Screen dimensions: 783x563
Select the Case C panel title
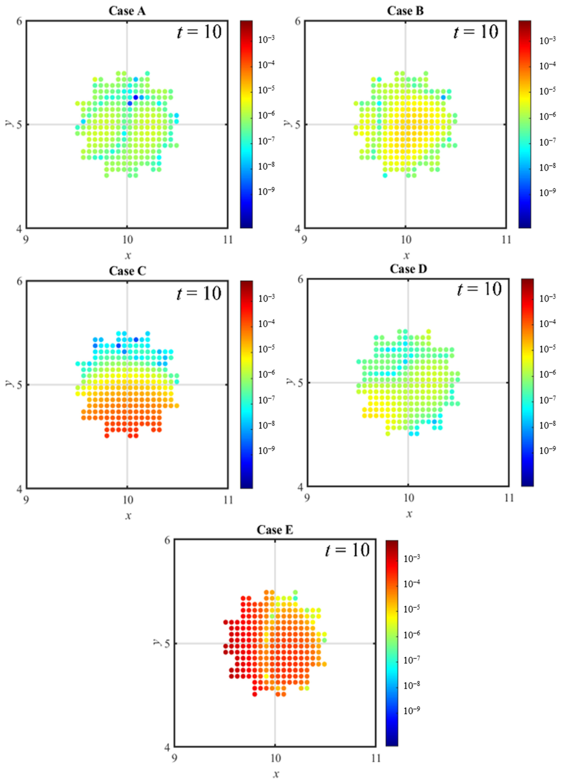tap(127, 271)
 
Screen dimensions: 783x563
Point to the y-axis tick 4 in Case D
tap(300, 487)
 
